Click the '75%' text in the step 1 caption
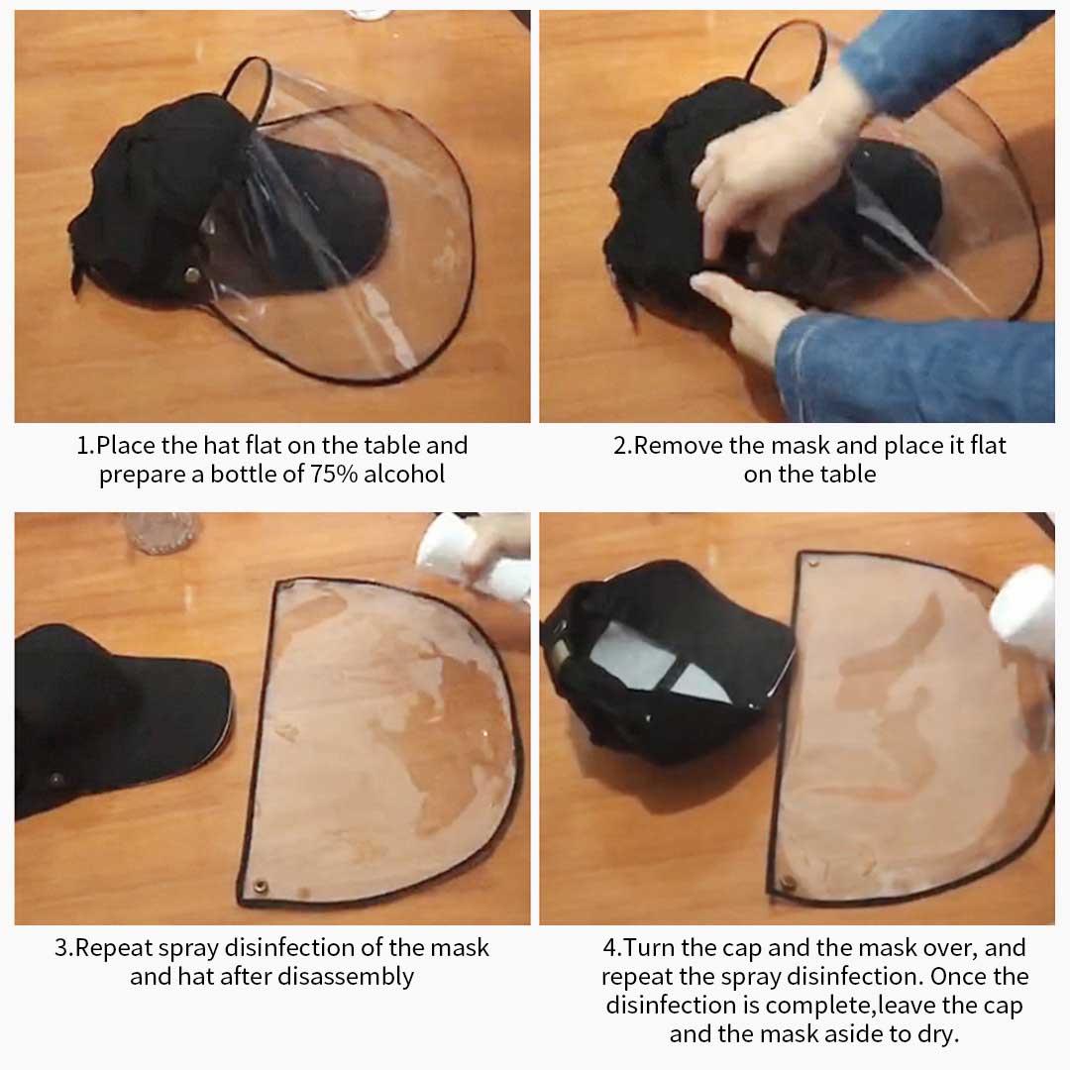333,474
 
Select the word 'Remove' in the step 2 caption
679,446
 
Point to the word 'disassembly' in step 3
345,976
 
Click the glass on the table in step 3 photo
161,532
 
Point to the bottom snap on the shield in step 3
261,887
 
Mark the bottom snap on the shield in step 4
788,882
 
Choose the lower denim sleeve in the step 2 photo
911,367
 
